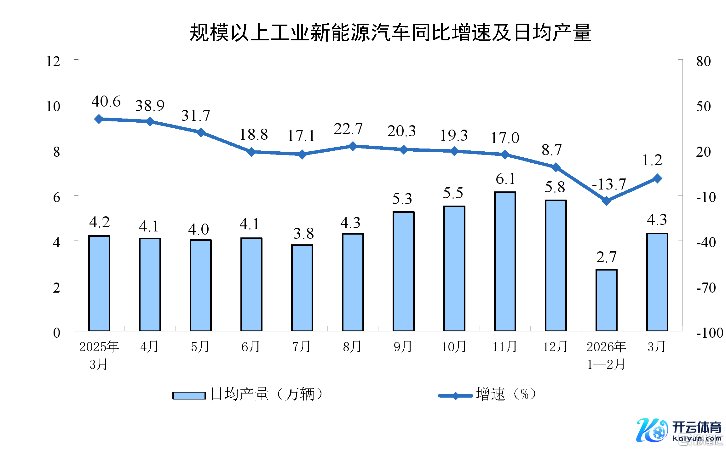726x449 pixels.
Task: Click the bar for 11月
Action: coord(505,262)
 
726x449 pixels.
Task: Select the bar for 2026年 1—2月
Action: coord(606,300)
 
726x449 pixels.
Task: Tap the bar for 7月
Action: coord(302,288)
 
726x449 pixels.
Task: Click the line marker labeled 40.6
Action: coord(99,119)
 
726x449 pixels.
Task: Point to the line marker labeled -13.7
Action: coord(606,201)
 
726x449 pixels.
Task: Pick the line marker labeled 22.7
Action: coord(353,146)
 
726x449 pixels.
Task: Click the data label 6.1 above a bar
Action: coord(505,179)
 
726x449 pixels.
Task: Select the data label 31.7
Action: coord(195,115)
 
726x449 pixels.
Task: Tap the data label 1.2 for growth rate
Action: coord(652,160)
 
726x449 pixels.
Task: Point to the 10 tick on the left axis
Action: coord(53,107)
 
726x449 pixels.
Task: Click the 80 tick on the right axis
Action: coord(703,61)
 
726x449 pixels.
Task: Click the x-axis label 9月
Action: coord(403,347)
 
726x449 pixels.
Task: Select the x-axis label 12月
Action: coord(555,347)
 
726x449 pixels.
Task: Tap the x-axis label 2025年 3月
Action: coord(99,355)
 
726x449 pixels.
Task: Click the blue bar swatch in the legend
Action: coord(189,395)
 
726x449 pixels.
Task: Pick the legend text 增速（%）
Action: coord(506,394)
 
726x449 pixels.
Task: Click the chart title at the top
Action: coord(390,32)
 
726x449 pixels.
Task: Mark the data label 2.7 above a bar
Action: coord(606,257)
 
